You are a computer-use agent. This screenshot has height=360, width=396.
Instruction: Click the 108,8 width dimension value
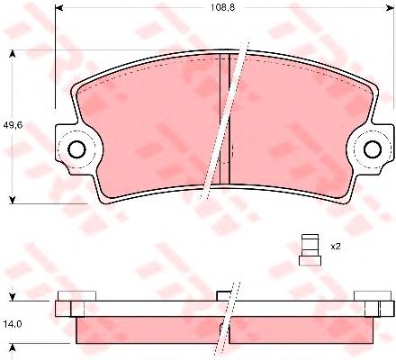(222, 7)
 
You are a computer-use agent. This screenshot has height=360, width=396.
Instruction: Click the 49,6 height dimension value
(13, 125)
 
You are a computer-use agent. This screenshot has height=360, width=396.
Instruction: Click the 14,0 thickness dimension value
(13, 324)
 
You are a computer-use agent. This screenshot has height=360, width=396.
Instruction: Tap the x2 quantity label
(336, 247)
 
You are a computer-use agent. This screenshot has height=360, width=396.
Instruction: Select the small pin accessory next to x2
(310, 250)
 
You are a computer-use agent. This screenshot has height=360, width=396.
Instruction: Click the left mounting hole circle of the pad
(76, 148)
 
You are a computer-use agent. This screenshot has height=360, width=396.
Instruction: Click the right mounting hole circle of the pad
(373, 148)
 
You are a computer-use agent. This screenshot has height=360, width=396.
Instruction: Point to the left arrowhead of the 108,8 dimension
(59, 7)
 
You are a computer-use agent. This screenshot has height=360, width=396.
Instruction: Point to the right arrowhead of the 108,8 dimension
(390, 7)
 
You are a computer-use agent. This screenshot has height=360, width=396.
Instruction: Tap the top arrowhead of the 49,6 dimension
(13, 54)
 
